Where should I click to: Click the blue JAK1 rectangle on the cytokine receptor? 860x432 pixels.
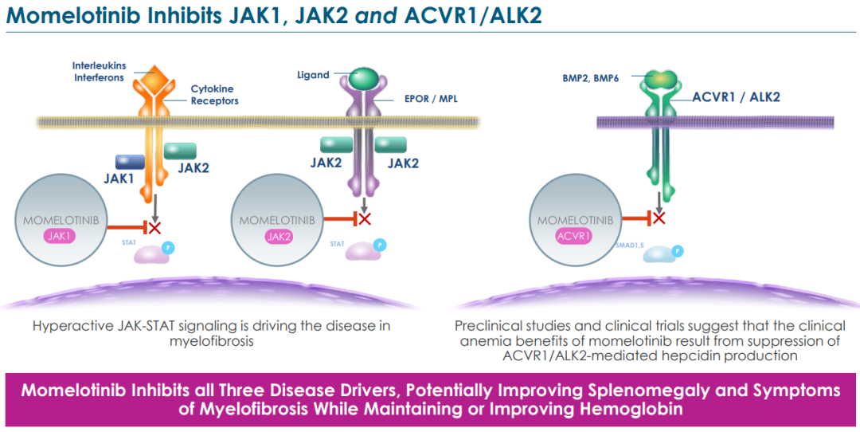(129, 162)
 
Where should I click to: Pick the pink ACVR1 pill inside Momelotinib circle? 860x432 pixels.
(576, 235)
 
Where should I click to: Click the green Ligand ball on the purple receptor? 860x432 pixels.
(364, 77)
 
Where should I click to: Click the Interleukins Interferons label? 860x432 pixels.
(100, 71)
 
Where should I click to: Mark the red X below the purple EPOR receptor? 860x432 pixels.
(365, 218)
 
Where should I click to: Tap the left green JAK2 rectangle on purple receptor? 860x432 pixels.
(337, 144)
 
